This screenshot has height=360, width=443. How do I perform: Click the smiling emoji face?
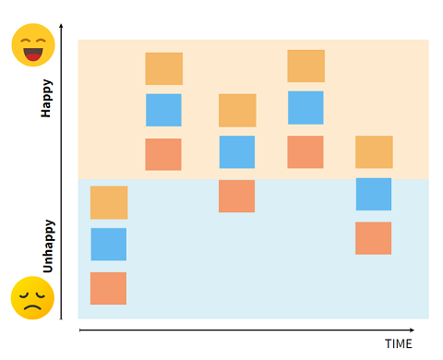pos(32,45)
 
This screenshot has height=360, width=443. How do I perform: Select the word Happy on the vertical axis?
pos(46,97)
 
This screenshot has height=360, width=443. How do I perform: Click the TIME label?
pos(398,343)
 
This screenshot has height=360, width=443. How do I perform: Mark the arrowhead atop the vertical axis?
pos(61,27)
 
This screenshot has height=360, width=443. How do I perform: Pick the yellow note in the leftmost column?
pos(109,202)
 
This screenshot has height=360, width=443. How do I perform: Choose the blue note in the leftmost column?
pos(109,245)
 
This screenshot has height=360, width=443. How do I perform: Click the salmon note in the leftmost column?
pos(109,288)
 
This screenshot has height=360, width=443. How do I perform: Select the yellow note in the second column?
pos(164,68)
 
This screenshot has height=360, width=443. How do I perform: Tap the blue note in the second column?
pos(164,110)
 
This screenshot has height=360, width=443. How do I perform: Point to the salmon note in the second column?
pos(163,154)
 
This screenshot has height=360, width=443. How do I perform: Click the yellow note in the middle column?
pos(237,110)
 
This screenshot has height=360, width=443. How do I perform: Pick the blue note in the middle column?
pos(237,152)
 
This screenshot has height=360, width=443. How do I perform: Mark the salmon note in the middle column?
pos(237,196)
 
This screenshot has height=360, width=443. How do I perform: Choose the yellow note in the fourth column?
pos(306,66)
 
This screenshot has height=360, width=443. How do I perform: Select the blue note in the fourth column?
pos(306,107)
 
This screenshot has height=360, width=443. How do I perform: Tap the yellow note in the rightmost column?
pos(374,151)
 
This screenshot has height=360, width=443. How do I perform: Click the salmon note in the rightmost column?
pos(374,238)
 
